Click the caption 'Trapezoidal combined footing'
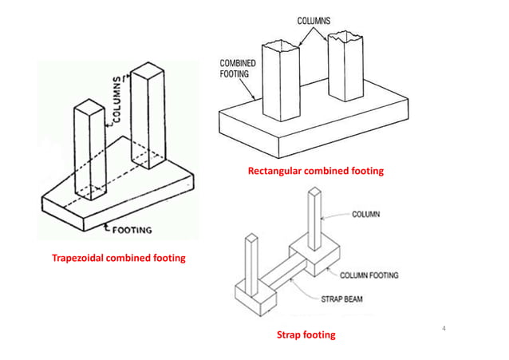[118, 257]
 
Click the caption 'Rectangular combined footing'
[315, 171]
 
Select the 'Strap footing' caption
[306, 334]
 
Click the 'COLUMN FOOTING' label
[369, 275]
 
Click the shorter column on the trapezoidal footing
[85, 148]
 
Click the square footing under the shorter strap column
[254, 299]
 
